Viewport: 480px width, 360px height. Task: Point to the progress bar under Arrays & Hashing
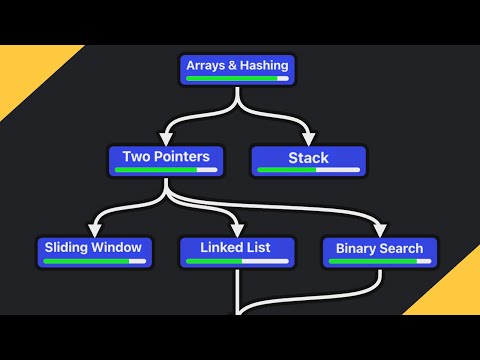pyautogui.click(x=237, y=79)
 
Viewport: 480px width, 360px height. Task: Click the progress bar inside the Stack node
pyautogui.click(x=308, y=170)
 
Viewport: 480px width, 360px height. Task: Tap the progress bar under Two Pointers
pyautogui.click(x=166, y=170)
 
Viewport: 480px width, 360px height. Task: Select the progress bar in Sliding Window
pyautogui.click(x=94, y=261)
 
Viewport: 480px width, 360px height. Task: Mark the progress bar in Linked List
pyautogui.click(x=238, y=261)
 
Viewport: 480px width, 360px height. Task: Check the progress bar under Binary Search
pyautogui.click(x=379, y=261)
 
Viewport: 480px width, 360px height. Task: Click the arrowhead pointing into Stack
pyautogui.click(x=308, y=139)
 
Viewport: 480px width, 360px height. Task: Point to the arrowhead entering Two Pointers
pyautogui.click(x=166, y=139)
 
